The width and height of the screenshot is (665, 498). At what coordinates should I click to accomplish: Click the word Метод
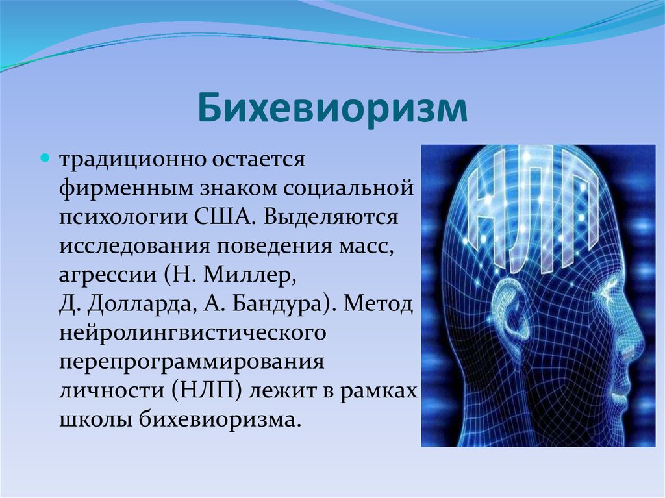tap(378, 305)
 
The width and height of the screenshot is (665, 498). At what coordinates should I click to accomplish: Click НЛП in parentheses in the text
tap(207, 391)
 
